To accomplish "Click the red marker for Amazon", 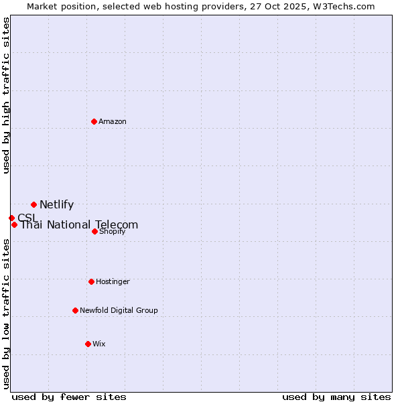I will pos(94,121).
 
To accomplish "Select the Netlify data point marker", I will pos(33,204).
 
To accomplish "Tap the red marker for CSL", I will pos(11,218).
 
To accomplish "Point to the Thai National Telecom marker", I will pos(14,224).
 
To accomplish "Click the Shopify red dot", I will pos(94,231).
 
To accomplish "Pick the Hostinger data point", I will pos(91,281).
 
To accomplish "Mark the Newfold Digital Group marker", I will pos(75,310).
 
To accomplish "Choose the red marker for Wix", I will pos(88,344).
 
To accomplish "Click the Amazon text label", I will pos(113,121).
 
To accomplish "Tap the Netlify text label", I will pos(56,205).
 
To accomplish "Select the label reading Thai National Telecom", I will pos(79,225).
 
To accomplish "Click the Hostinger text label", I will pos(113,281).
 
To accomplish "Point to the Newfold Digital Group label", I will pos(119,310).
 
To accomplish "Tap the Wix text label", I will pos(99,344).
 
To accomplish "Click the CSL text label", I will pos(27,218).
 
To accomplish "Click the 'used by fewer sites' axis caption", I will pos(69,397).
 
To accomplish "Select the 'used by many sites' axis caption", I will pos(336,397).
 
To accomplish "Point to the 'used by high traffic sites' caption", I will pos(6,95).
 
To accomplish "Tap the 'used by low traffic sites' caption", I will pos(6,314).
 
